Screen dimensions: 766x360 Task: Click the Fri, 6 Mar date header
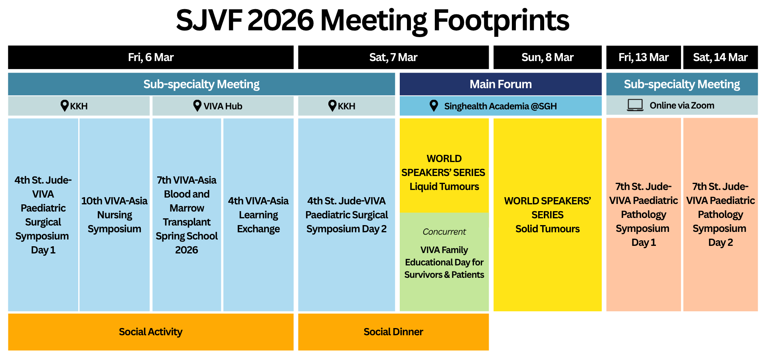click(x=151, y=57)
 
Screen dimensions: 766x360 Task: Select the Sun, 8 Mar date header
click(x=547, y=57)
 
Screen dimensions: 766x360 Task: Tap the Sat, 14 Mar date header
click(x=721, y=57)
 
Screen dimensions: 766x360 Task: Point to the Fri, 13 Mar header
click(x=644, y=57)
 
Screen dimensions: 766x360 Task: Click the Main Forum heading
click(x=501, y=84)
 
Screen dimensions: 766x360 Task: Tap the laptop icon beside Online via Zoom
click(x=635, y=105)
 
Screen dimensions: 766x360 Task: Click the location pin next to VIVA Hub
click(x=197, y=106)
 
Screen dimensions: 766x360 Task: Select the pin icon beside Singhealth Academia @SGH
click(x=434, y=106)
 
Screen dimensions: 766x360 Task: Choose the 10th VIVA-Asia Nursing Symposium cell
click(x=115, y=215)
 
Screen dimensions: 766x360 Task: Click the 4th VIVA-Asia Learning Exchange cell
click(x=259, y=215)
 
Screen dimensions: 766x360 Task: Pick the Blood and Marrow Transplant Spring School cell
click(x=187, y=215)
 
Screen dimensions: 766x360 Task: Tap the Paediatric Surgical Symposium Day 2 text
click(x=347, y=215)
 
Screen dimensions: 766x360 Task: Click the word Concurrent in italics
click(x=444, y=232)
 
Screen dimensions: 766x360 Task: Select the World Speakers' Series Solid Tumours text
click(x=547, y=215)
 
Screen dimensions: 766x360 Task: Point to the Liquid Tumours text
click(x=444, y=186)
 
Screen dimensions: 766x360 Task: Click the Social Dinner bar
click(x=393, y=332)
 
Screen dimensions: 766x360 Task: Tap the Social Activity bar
click(x=151, y=332)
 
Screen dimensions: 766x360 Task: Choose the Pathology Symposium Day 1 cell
click(x=644, y=215)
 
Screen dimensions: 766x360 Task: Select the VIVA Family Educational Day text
click(x=444, y=262)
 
